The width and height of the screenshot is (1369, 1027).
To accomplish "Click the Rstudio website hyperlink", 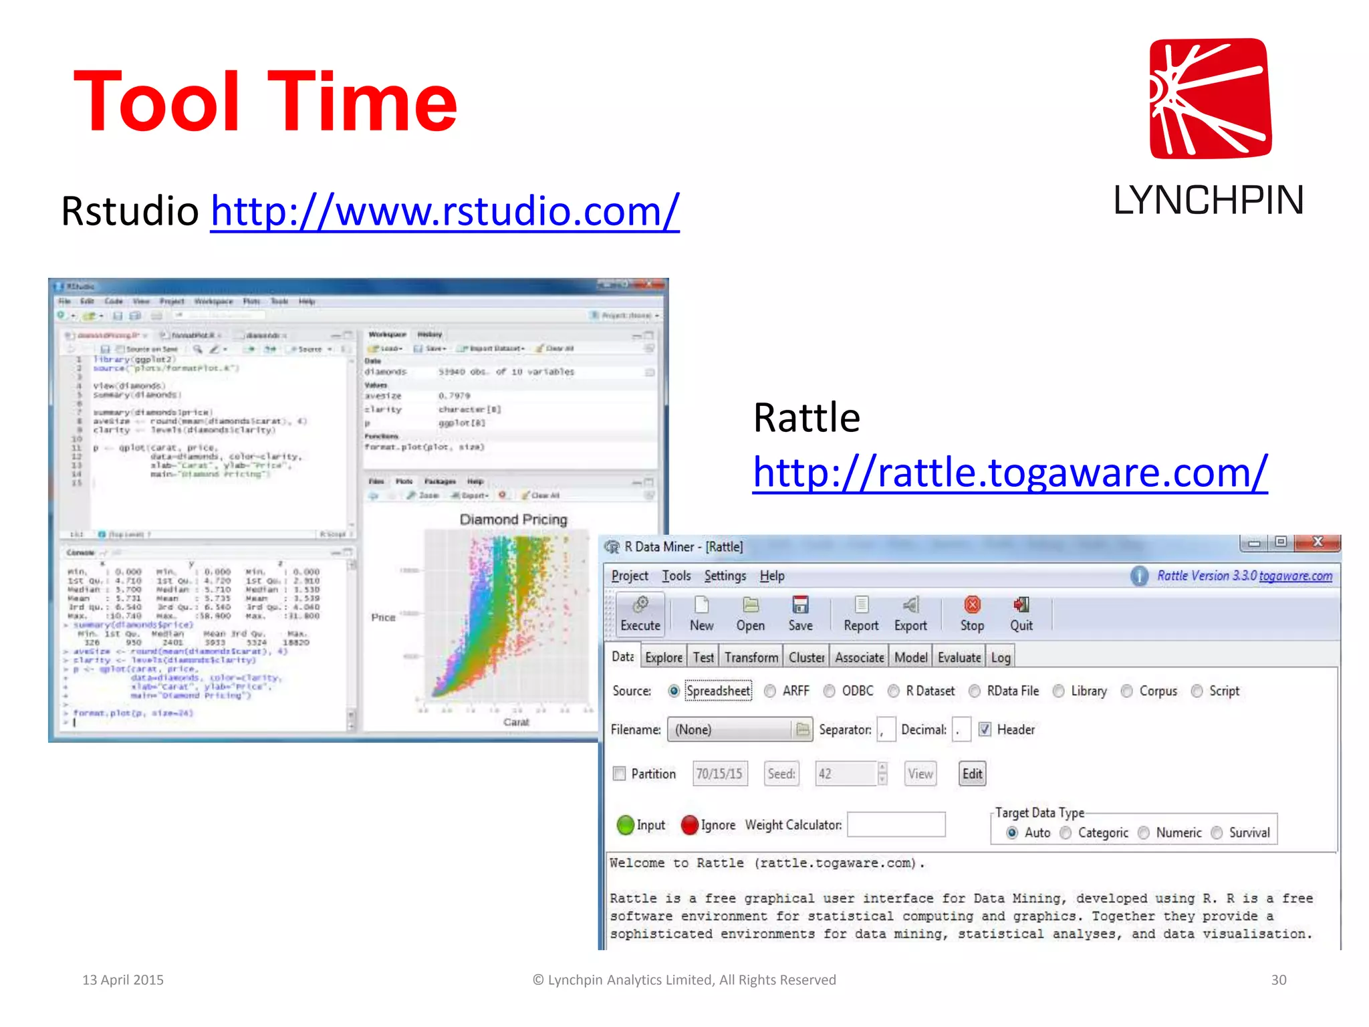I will point(445,212).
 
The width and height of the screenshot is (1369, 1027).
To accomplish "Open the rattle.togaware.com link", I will point(1009,473).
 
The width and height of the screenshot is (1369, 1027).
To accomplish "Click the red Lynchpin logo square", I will point(1210,98).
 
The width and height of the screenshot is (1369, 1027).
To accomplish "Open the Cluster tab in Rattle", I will point(806,657).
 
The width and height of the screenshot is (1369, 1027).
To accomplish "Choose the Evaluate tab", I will point(959,657).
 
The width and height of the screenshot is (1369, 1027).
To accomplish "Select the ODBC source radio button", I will point(830,691).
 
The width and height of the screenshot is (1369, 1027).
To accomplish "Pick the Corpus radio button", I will point(1127,691).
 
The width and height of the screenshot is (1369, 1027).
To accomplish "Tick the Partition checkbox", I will point(620,774).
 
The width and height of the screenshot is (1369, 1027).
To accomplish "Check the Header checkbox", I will point(985,729).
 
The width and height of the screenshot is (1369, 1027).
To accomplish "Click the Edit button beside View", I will point(972,774).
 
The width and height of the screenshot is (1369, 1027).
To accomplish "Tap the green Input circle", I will point(626,825).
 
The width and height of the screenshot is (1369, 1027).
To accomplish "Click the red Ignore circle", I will point(690,825).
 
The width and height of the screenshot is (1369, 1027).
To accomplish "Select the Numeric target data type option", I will point(1144,832).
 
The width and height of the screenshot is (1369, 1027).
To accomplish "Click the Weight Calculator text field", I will point(896,824).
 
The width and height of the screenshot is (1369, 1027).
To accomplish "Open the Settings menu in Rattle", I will point(725,576).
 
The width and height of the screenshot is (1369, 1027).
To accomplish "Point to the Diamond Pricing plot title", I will point(513,520).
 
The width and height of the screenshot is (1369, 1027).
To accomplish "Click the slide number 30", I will point(1278,980).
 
